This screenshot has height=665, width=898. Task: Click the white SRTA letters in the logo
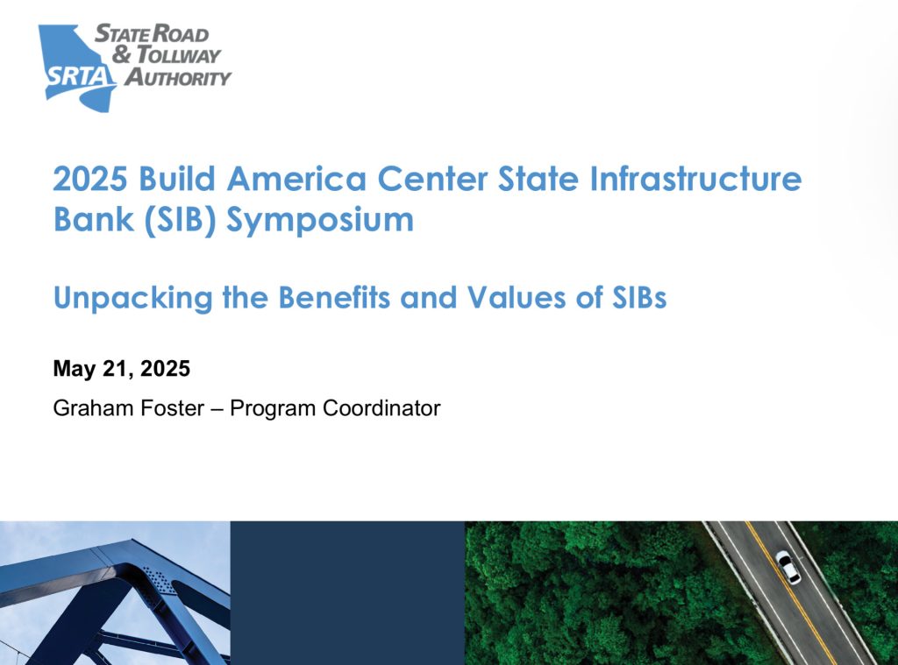click(78, 75)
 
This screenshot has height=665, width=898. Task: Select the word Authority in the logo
click(178, 77)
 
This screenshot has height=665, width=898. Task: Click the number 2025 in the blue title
click(90, 179)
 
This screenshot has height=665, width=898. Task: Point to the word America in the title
click(296, 179)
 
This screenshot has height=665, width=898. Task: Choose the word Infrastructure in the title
click(695, 178)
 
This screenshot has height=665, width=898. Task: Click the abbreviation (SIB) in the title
click(180, 220)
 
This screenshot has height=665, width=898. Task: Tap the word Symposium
click(319, 221)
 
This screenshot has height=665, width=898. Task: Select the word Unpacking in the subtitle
click(133, 298)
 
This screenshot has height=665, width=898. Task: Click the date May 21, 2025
click(121, 369)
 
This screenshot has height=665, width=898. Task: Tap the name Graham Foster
click(129, 408)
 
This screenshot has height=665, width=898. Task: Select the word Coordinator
click(381, 408)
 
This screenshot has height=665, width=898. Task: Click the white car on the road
click(788, 567)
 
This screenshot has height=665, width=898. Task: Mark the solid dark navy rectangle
click(347, 593)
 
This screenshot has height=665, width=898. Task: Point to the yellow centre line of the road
click(793, 593)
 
